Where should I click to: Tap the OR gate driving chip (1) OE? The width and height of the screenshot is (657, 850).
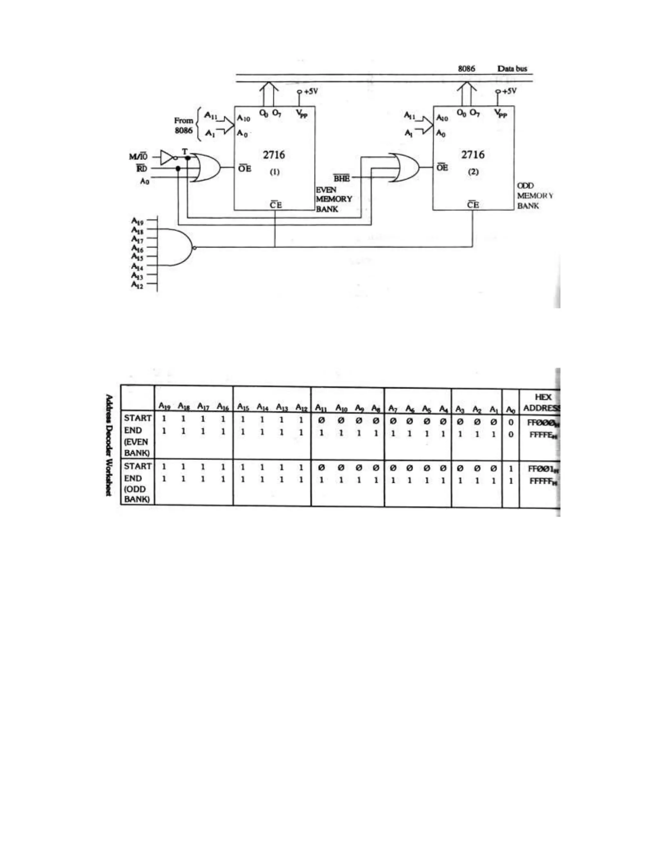click(207, 168)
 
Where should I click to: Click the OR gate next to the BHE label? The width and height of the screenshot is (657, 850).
click(405, 168)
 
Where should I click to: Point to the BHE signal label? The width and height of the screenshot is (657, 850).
click(342, 178)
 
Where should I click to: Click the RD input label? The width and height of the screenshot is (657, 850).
click(142, 168)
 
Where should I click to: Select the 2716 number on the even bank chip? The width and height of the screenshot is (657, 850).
click(274, 155)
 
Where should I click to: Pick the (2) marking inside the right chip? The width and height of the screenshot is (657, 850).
click(473, 172)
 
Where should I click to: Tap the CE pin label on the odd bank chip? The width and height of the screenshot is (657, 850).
click(473, 205)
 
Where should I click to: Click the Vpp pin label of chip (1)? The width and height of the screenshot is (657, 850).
click(302, 114)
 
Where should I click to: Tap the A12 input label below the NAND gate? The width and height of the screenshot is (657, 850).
click(137, 285)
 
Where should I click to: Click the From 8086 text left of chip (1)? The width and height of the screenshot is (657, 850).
click(183, 125)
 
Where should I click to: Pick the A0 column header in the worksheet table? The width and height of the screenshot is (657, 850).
click(510, 409)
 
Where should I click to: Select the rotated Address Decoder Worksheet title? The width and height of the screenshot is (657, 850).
click(109, 445)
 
